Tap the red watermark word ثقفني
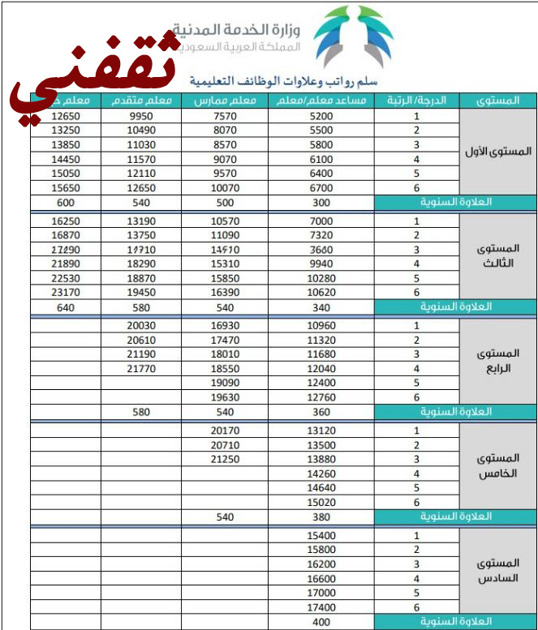pos(93,77)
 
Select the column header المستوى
pos(497,101)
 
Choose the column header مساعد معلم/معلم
pos(321,101)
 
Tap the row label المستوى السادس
pos(497,571)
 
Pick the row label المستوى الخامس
pos(497,466)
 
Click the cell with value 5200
pos(321,116)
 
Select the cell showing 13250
pos(65,130)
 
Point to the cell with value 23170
pos(65,292)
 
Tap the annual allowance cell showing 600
pos(65,203)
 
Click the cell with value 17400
pos(321,606)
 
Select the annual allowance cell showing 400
pos(321,622)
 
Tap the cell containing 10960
pos(321,326)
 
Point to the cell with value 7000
pos(321,221)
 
